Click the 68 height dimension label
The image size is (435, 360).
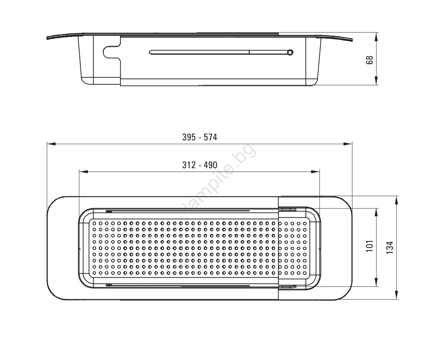point(370,60)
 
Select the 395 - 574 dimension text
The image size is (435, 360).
point(200,137)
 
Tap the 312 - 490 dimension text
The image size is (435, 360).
point(200,165)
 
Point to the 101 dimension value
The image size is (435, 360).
point(370,246)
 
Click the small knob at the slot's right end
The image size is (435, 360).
point(290,52)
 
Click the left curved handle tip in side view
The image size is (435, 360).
point(48,38)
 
